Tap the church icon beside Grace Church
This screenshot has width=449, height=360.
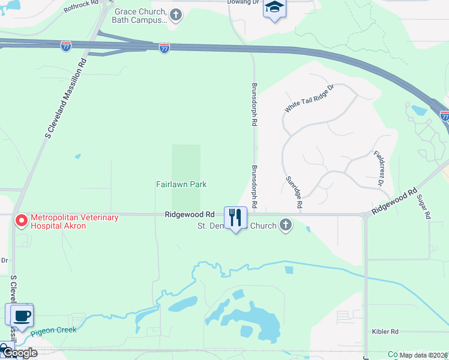175,15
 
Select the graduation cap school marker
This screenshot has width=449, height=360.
275,8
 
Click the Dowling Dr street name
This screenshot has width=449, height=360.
244,2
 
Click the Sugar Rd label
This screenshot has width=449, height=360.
424,206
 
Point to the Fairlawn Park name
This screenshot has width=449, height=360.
181,185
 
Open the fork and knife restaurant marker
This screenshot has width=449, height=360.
236,217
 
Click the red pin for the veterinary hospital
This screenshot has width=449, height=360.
22,221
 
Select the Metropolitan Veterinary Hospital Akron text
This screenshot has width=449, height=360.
75,221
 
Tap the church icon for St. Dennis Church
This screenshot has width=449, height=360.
286,226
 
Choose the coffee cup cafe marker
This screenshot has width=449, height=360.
19,315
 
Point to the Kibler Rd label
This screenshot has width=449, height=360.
385,331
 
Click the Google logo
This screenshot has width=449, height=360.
19,353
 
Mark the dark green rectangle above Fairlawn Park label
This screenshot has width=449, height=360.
186,162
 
